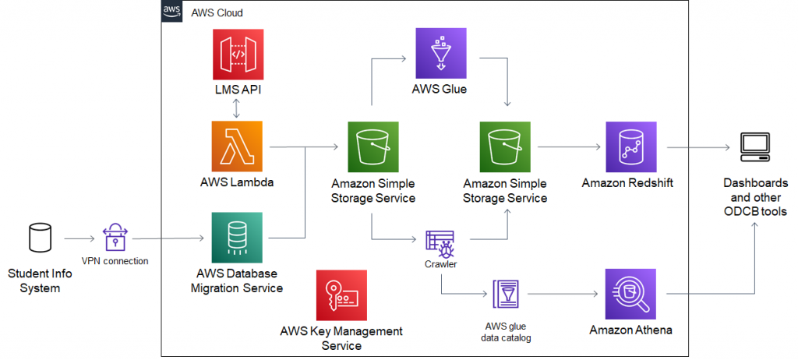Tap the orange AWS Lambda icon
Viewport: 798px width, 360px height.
(x=235, y=145)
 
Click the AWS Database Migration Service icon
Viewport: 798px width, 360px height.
(x=235, y=236)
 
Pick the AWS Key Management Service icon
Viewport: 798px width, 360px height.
(x=341, y=295)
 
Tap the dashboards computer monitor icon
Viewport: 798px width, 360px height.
(x=754, y=146)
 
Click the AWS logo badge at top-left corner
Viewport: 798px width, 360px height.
(x=172, y=12)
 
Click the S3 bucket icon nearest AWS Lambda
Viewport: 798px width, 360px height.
(x=373, y=145)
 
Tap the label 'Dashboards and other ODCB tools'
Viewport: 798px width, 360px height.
(x=754, y=197)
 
